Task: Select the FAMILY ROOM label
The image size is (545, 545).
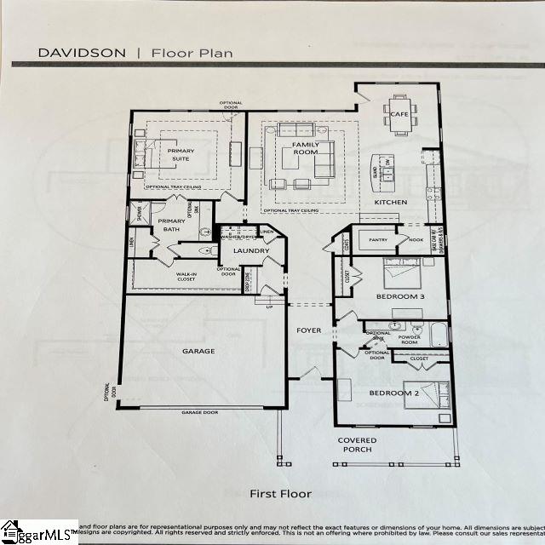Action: point(306,149)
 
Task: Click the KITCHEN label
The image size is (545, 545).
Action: point(391,202)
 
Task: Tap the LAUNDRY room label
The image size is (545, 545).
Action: point(252,250)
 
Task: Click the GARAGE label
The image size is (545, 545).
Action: point(198,350)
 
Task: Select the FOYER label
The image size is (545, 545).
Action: point(307,330)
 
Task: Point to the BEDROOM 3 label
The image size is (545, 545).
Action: point(399,296)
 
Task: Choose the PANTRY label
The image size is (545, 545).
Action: point(377,240)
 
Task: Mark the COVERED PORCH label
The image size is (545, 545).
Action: point(357,445)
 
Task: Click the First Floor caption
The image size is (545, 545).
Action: point(280,493)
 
